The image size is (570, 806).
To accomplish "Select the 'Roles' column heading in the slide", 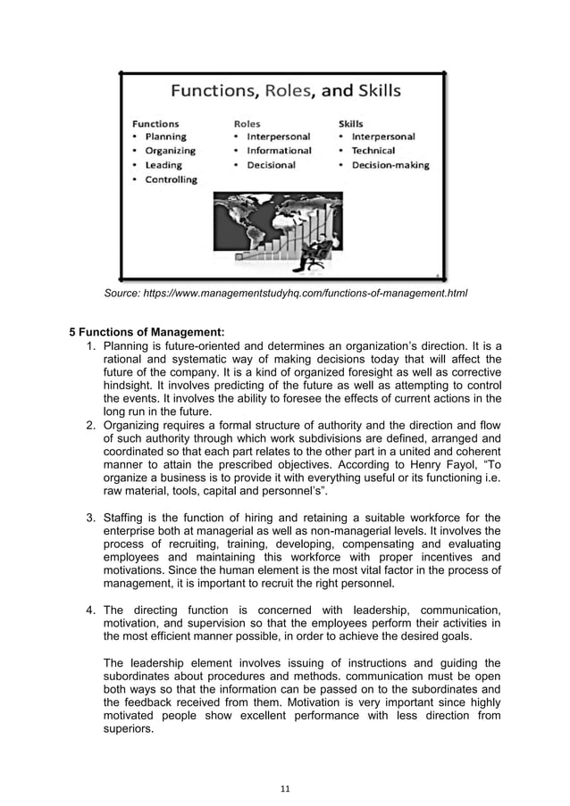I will click(x=247, y=122).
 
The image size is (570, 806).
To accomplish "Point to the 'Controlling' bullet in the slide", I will click(x=171, y=179).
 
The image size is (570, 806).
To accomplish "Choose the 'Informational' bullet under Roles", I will click(x=279, y=151).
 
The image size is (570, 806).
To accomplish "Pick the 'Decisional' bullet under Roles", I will click(x=272, y=165).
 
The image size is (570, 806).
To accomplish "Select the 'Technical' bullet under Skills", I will click(x=373, y=151).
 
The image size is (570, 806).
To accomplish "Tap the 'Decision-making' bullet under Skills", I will click(x=390, y=165).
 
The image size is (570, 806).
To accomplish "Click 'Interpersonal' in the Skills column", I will click(x=382, y=137).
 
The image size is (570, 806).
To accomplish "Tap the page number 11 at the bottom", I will click(x=284, y=787).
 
